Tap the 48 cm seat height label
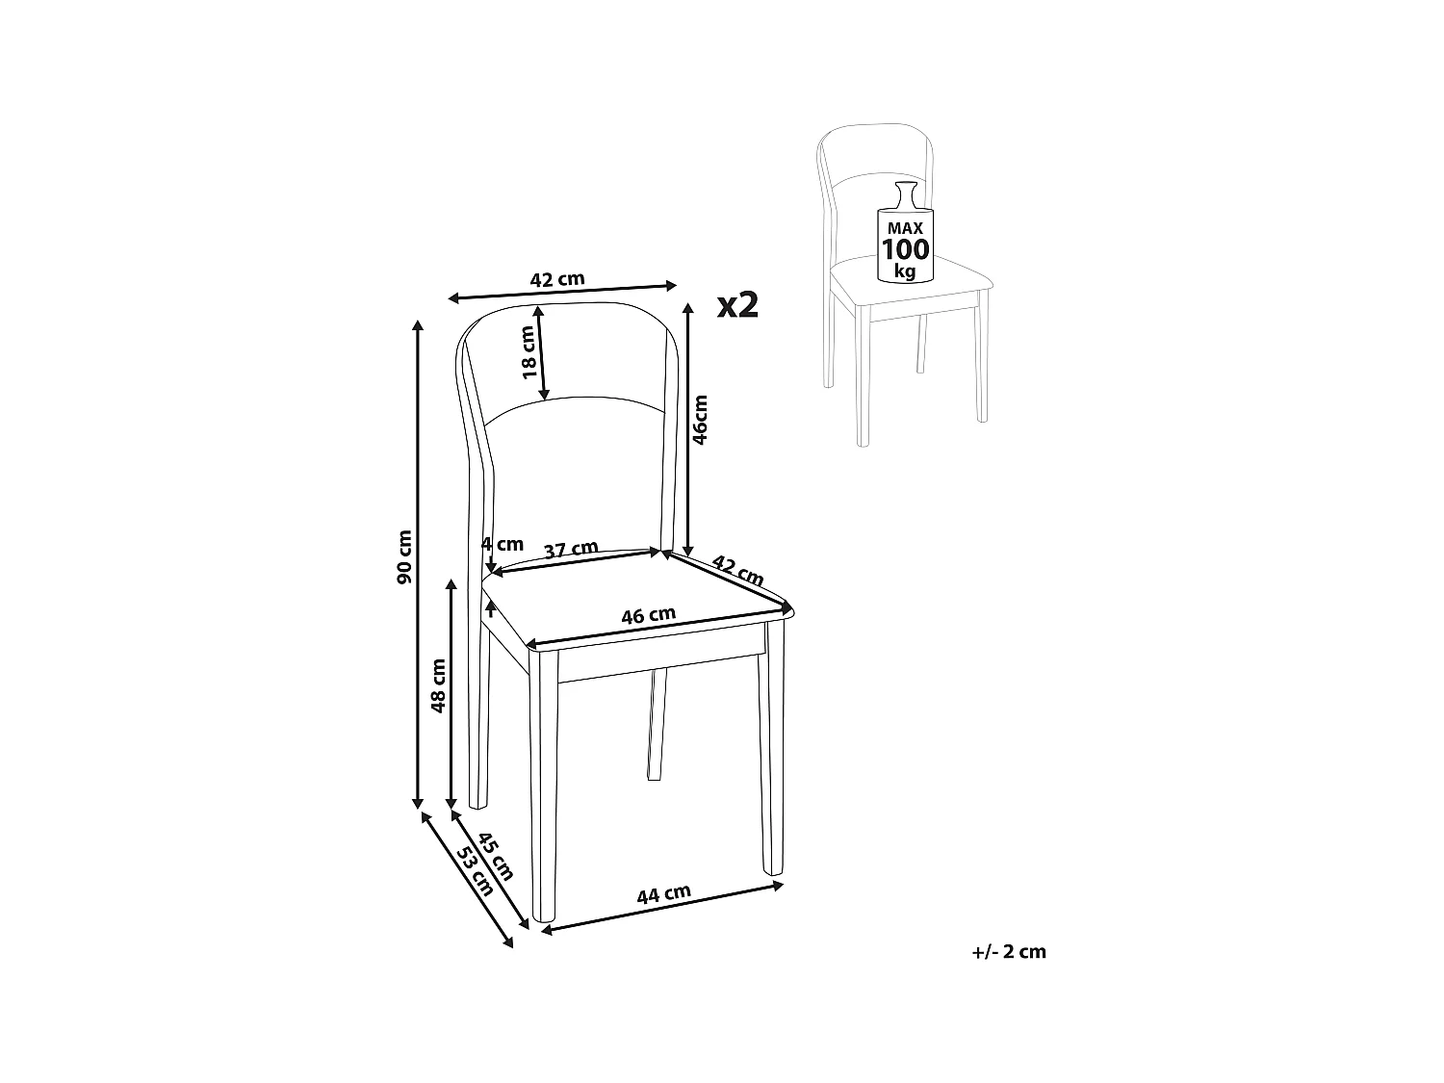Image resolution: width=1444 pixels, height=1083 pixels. [x=439, y=685]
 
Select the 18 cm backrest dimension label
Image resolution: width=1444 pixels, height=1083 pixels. [x=528, y=352]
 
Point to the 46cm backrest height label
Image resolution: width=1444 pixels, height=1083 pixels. [x=701, y=419]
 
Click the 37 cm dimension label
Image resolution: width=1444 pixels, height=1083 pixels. [x=571, y=551]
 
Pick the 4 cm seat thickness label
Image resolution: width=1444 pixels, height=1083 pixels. [x=503, y=544]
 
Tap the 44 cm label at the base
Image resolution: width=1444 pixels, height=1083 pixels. [x=663, y=894]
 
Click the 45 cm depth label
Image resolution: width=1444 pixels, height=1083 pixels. [x=496, y=855]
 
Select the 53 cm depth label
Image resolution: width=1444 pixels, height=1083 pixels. [x=475, y=872]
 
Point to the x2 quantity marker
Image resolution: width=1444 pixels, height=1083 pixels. [x=738, y=305]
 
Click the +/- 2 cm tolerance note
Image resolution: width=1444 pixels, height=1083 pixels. [x=1009, y=952]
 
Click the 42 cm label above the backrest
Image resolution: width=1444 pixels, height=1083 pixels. [x=557, y=279]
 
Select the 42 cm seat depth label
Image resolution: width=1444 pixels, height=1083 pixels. [x=737, y=570]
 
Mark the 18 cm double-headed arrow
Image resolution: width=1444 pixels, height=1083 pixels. [x=542, y=352]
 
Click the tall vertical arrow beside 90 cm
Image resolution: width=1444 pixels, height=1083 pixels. [x=418, y=563]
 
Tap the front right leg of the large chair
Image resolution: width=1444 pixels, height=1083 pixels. [x=771, y=751]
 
